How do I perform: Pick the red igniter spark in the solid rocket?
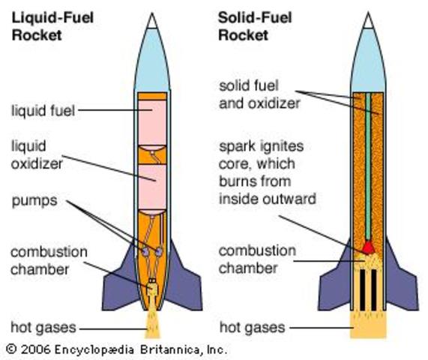click(369, 246)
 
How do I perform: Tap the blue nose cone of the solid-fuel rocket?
click(369, 60)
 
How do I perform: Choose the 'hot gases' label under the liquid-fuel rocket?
click(41, 327)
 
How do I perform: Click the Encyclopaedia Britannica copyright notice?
click(116, 349)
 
